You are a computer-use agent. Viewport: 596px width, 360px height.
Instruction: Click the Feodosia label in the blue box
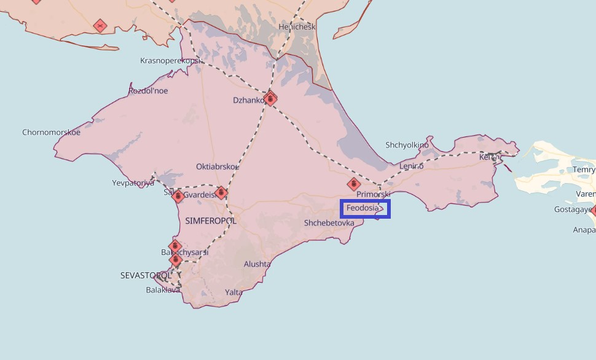click(x=363, y=208)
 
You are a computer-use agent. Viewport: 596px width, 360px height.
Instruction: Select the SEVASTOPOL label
click(x=146, y=275)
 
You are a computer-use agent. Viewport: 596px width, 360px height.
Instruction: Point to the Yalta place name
click(x=233, y=292)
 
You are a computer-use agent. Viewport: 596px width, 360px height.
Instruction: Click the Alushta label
click(x=257, y=264)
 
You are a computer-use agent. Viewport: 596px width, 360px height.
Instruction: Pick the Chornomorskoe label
click(x=51, y=132)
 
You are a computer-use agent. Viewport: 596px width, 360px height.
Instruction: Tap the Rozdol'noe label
click(x=147, y=91)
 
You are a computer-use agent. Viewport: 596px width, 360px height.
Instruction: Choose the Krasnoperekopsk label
click(x=171, y=61)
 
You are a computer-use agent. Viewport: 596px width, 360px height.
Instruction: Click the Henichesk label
click(x=296, y=27)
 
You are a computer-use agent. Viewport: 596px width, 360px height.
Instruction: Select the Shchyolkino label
click(x=407, y=145)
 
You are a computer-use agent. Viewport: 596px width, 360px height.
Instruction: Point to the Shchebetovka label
click(x=329, y=223)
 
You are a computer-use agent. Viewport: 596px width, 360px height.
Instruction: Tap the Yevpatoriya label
click(x=133, y=183)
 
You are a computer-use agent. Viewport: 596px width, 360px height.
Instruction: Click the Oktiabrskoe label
click(x=218, y=166)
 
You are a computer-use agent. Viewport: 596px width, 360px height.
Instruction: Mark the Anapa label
click(x=584, y=230)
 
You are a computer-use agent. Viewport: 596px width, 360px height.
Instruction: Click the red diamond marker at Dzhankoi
click(x=270, y=98)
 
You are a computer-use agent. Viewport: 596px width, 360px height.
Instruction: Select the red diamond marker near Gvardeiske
click(x=221, y=193)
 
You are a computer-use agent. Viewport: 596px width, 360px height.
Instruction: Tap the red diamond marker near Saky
click(x=178, y=197)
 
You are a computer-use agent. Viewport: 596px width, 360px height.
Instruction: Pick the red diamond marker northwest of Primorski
click(x=353, y=184)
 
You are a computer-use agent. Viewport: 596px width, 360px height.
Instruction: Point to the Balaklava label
click(x=163, y=290)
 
